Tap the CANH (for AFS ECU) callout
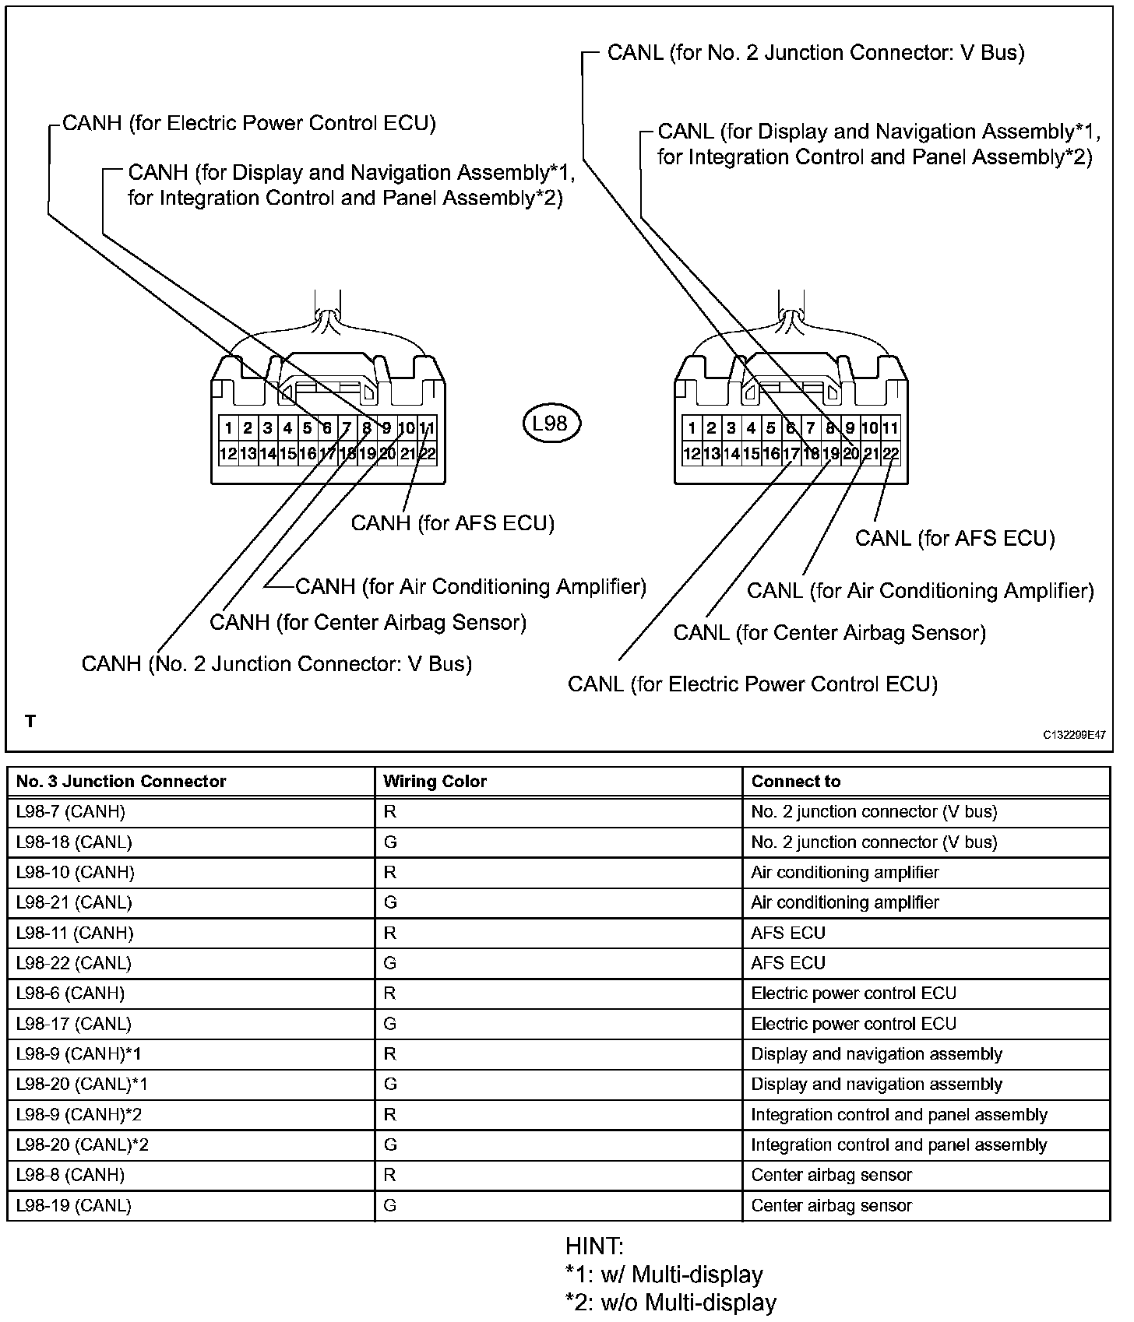click(x=453, y=522)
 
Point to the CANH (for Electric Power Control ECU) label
click(x=248, y=123)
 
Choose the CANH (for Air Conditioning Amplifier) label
click(x=470, y=586)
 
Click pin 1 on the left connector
click(x=228, y=427)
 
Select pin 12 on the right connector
click(x=691, y=454)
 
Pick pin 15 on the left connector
click(x=287, y=454)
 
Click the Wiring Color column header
click(x=435, y=781)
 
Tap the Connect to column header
click(x=795, y=781)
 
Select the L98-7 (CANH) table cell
click(x=70, y=811)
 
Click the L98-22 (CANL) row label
click(x=73, y=963)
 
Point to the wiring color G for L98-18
click(x=390, y=842)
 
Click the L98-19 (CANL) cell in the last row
click(x=73, y=1205)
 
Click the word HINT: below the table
click(x=594, y=1246)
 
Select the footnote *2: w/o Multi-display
click(x=671, y=1303)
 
